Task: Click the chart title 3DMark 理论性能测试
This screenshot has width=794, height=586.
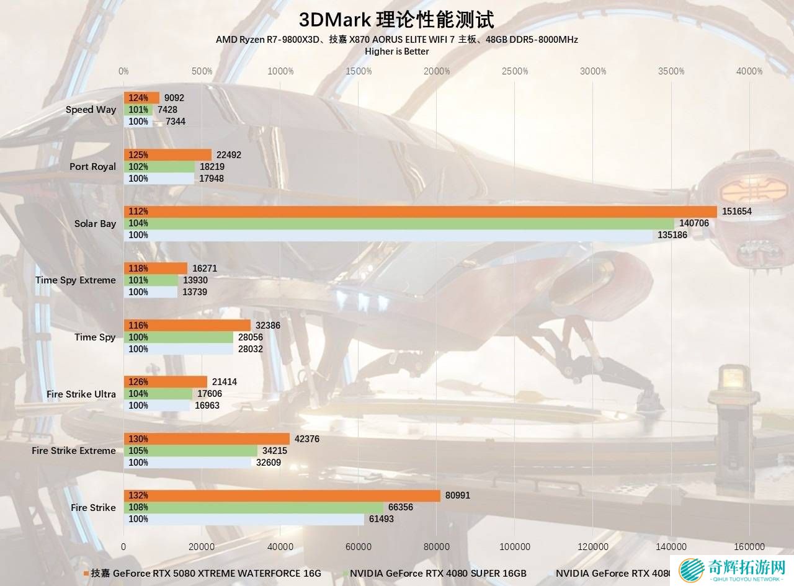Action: [x=396, y=20]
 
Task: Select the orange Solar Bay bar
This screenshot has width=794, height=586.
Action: [x=420, y=211]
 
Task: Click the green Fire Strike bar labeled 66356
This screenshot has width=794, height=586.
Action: [x=254, y=507]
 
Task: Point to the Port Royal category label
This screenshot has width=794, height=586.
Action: [x=92, y=166]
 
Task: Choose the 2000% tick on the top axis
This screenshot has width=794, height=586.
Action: [x=437, y=71]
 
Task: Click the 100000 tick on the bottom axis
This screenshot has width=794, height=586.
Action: [x=515, y=546]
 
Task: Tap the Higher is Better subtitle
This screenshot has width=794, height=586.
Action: [x=396, y=51]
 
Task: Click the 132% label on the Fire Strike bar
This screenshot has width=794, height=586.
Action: [x=138, y=495]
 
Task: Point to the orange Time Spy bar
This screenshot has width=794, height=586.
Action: [x=187, y=325]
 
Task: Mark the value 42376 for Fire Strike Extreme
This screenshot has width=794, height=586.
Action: [x=307, y=439]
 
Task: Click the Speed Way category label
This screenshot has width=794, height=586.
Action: [x=91, y=110]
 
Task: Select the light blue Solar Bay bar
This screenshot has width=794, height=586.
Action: [x=388, y=235]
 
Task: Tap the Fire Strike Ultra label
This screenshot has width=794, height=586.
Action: [x=81, y=394]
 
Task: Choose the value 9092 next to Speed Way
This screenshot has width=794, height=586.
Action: [x=174, y=97]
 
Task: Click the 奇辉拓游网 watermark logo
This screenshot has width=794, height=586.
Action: [x=733, y=570]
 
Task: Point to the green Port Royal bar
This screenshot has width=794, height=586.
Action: [x=159, y=167]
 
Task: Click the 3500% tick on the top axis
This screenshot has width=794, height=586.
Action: [x=671, y=71]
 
